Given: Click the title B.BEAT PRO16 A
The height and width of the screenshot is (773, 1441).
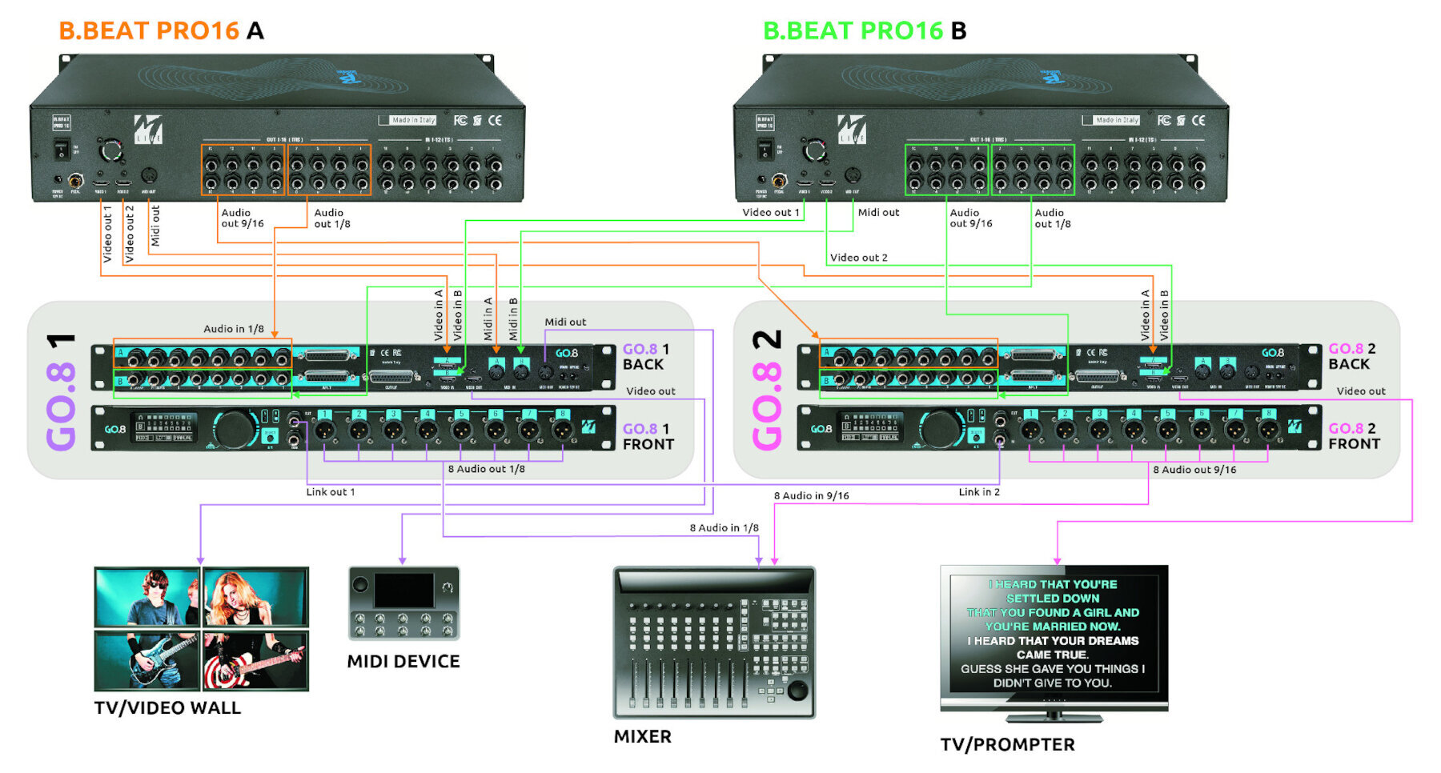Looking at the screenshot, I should tap(161, 30).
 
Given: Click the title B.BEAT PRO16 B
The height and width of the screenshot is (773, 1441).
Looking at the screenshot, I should tap(865, 30).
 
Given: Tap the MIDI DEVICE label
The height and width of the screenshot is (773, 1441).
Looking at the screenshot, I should tap(403, 662).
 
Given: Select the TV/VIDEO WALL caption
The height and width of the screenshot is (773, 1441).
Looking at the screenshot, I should tap(167, 708).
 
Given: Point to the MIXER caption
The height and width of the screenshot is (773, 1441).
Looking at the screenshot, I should tap(642, 737).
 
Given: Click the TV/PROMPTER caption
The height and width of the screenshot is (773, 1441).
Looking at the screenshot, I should tap(1007, 745).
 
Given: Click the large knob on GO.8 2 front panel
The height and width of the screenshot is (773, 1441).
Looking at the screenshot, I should tap(940, 429).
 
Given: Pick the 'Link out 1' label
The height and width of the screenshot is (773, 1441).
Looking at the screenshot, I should tap(330, 492).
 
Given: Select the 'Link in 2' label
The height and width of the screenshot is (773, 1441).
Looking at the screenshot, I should tap(979, 492).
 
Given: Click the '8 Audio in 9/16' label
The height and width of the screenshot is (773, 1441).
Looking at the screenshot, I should tap(811, 496).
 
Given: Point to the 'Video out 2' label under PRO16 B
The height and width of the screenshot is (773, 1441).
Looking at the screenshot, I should tap(858, 258).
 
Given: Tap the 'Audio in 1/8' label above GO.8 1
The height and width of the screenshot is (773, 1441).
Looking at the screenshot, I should tap(233, 329).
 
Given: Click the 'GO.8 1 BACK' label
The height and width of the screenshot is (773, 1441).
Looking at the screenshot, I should tap(645, 357).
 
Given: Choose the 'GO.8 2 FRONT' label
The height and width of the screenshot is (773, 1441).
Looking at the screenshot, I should tap(1354, 436).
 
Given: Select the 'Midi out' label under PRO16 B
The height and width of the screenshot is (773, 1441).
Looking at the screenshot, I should tap(878, 213).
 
